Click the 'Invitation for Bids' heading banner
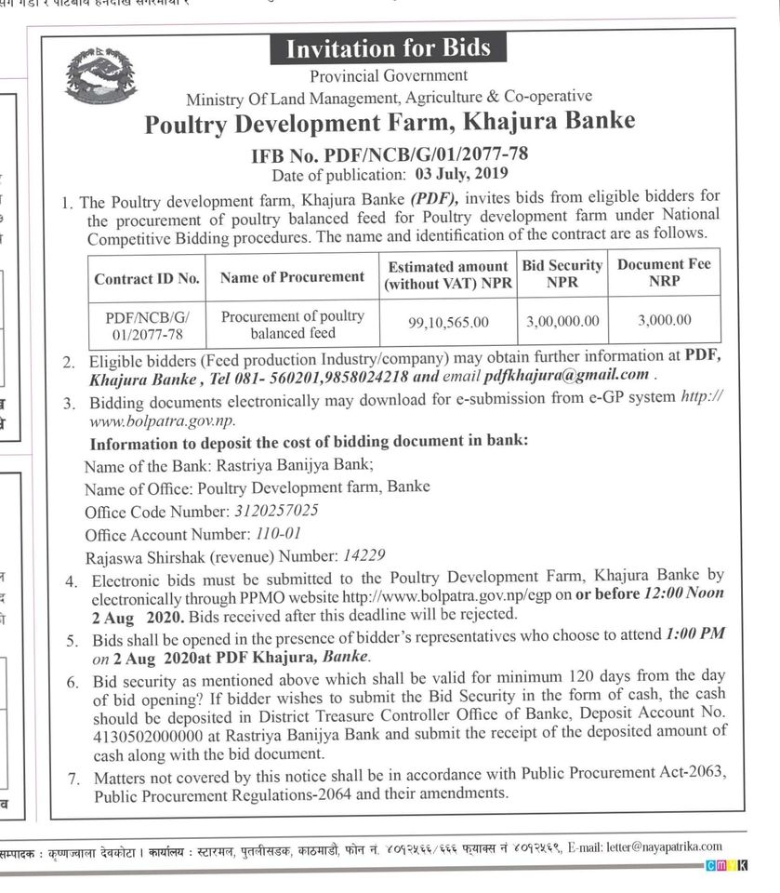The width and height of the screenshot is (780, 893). point(388,48)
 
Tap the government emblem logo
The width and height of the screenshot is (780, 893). point(100,76)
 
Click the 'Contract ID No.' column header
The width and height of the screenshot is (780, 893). point(147,278)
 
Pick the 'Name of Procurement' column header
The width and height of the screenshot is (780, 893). point(292,277)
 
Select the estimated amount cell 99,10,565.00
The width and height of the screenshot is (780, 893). point(448,323)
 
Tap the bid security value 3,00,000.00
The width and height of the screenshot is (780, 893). point(562,321)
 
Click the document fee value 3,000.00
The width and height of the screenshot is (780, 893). point(664,320)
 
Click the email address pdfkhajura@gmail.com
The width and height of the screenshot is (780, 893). point(566,376)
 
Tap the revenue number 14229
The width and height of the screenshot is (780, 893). point(364,556)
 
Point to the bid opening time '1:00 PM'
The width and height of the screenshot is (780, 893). point(695,633)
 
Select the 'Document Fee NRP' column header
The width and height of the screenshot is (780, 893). point(664,272)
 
